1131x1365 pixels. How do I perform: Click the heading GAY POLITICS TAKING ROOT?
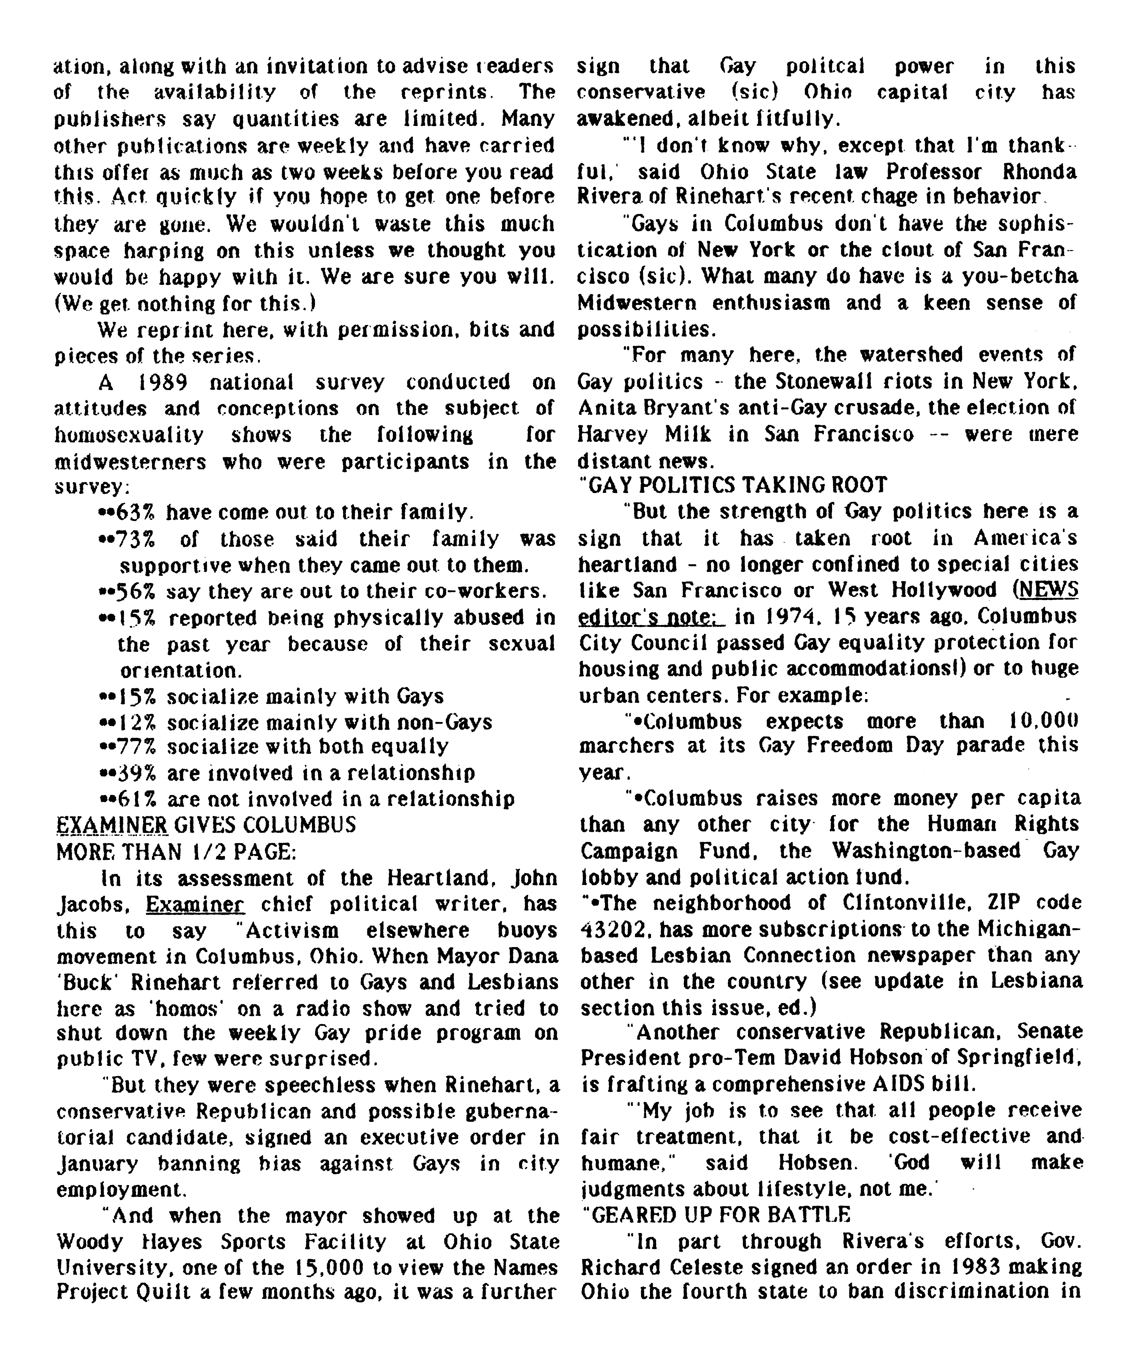[x=732, y=486]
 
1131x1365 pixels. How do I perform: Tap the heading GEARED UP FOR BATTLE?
[x=715, y=1215]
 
